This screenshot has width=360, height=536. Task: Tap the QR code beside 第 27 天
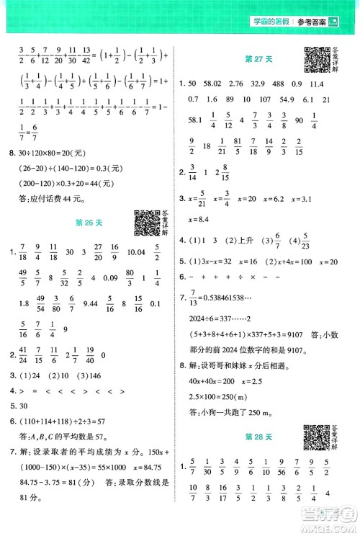(x=316, y=58)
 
